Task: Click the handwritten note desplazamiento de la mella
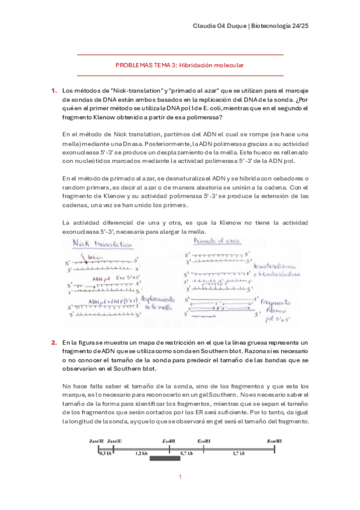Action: (x=159, y=303)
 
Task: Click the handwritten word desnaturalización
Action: (x=281, y=265)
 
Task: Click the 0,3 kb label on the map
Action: (x=105, y=453)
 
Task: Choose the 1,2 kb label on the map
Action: (x=141, y=453)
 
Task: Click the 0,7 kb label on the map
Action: (x=186, y=453)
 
